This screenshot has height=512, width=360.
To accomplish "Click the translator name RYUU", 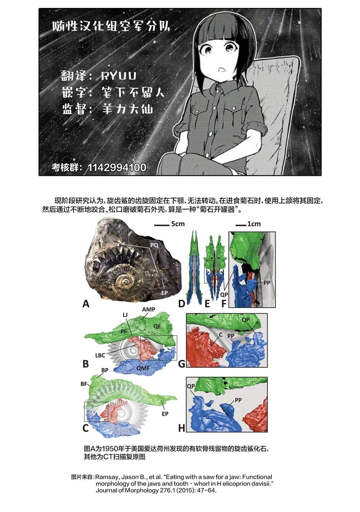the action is [x=118, y=76].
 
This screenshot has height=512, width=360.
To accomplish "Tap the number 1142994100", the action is [x=117, y=167].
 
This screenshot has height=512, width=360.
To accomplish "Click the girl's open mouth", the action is [x=221, y=69].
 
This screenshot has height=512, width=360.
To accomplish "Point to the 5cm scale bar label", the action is [x=178, y=224].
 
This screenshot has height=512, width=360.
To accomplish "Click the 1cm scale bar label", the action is [x=254, y=224].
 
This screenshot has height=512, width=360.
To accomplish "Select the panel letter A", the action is [x=86, y=304].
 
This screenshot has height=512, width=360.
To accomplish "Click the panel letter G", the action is [x=182, y=364].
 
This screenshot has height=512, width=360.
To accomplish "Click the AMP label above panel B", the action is [x=148, y=309].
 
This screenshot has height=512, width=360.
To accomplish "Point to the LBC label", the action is [x=100, y=356].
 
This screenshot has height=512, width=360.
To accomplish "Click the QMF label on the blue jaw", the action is [x=143, y=368].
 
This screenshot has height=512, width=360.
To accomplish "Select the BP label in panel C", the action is [x=105, y=370].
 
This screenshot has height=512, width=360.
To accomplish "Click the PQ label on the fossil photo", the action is [x=154, y=245].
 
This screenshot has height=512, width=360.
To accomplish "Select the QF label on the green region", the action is [x=157, y=326].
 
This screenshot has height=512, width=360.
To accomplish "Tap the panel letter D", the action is [x=181, y=304].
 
